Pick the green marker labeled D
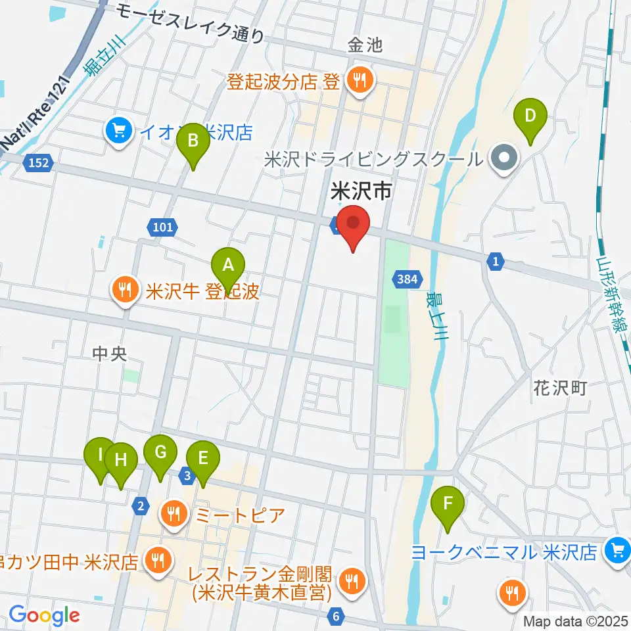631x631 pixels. [x=533, y=119]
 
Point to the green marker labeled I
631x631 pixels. [x=101, y=457]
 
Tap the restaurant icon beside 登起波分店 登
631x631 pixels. [x=360, y=82]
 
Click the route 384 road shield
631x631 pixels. [x=407, y=280]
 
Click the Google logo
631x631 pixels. [x=44, y=615]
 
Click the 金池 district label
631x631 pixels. [x=365, y=45]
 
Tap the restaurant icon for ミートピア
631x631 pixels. [x=174, y=512]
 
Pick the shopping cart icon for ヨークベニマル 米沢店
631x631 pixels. [x=617, y=549]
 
